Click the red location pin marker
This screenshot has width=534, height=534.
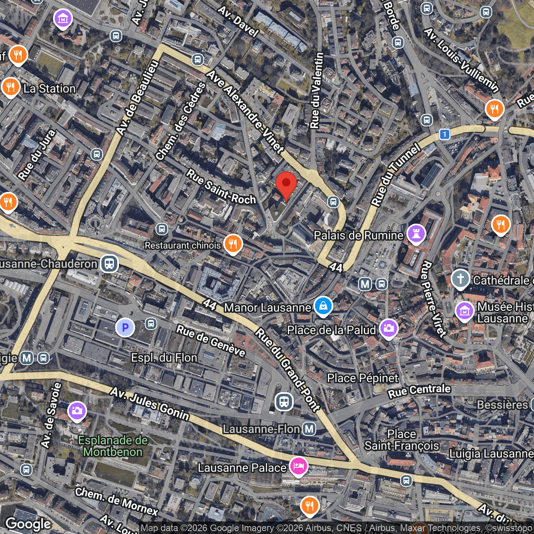coord(286,185)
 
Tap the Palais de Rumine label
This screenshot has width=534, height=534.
coord(358,236)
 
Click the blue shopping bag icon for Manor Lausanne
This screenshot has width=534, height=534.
coord(323,306)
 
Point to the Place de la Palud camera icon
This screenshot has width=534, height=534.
coord(388,329)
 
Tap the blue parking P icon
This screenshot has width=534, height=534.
coord(125,327)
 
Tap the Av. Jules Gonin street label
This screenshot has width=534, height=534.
coord(150,404)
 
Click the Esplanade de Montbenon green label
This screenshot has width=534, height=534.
coord(113,446)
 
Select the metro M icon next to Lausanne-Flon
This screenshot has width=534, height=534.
coord(309,428)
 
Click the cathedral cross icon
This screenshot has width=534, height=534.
coord(461,279)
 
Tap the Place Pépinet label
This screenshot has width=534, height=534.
coord(363,378)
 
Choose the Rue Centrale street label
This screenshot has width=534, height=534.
coord(419,391)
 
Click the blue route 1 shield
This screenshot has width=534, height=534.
coord(445,134)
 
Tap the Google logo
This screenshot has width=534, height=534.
coord(28,524)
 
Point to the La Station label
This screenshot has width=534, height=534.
coord(50,88)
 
